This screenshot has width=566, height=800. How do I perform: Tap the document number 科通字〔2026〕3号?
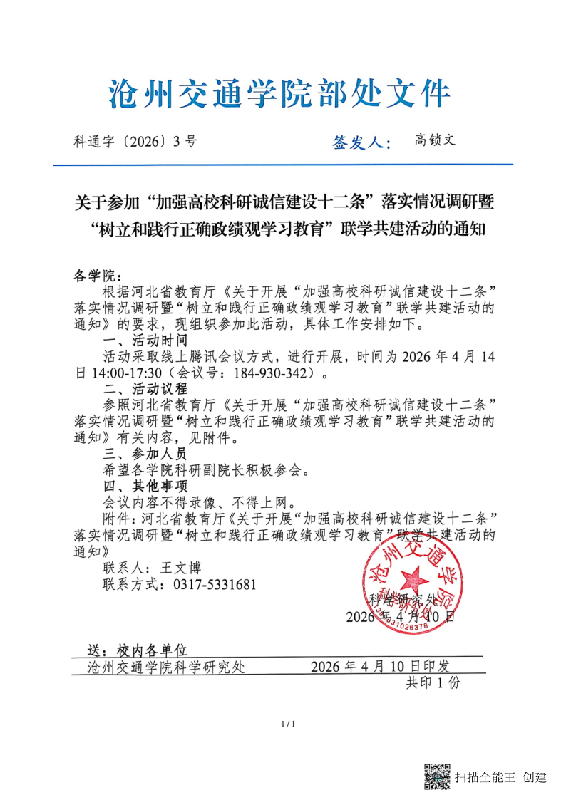[135, 141]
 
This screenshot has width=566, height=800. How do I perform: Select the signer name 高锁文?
[435, 140]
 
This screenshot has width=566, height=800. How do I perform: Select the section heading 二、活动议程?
[145, 389]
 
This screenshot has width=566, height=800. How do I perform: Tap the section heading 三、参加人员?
[145, 454]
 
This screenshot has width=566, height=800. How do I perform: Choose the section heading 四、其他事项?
[145, 487]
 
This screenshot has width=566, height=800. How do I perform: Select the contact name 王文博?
[180, 568]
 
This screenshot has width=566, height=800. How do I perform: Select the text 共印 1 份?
[433, 683]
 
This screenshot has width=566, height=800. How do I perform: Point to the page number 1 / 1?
[289, 724]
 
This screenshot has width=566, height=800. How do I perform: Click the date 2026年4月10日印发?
[381, 667]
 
